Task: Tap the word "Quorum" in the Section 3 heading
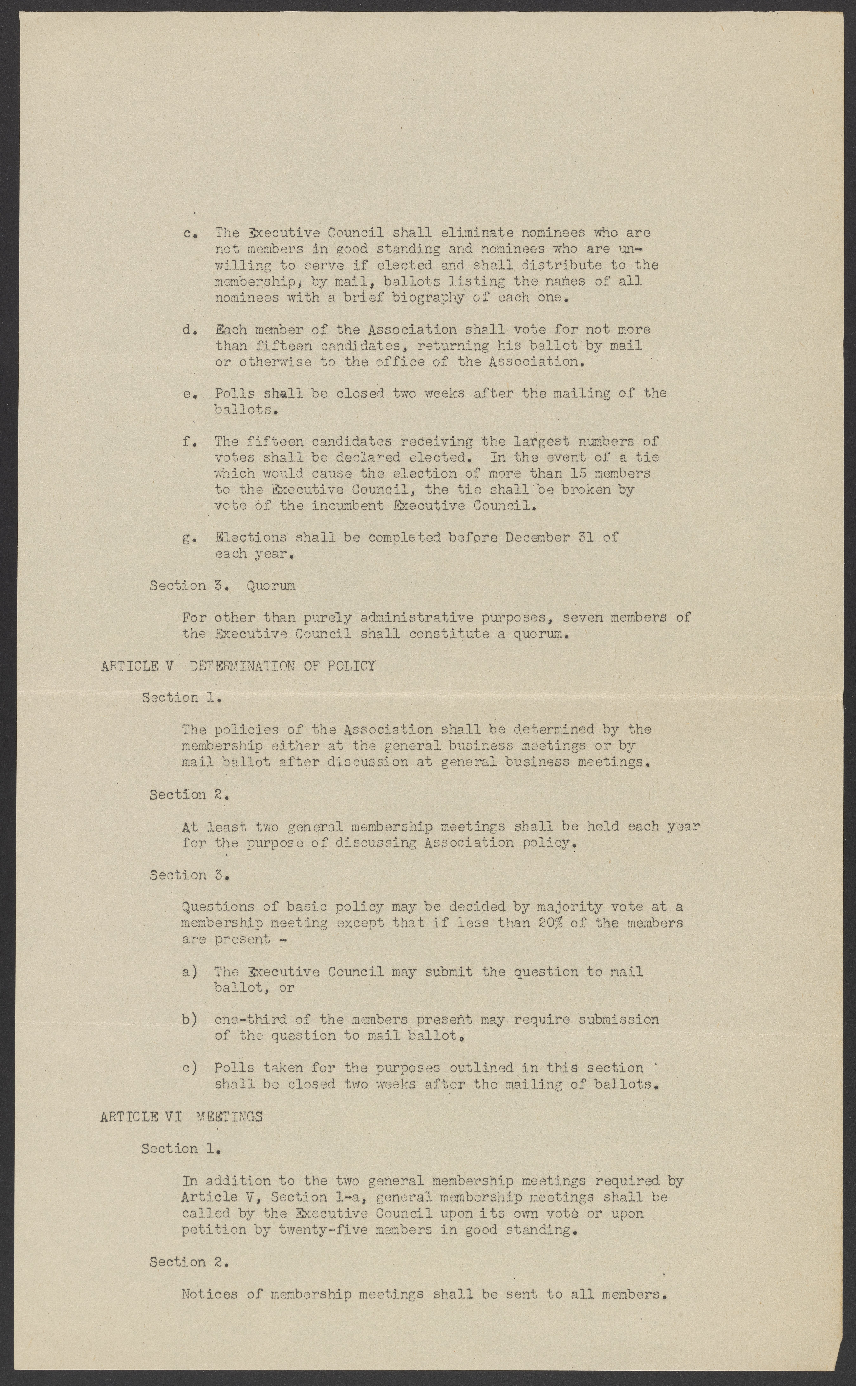[271, 586]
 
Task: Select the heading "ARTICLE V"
[136, 666]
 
